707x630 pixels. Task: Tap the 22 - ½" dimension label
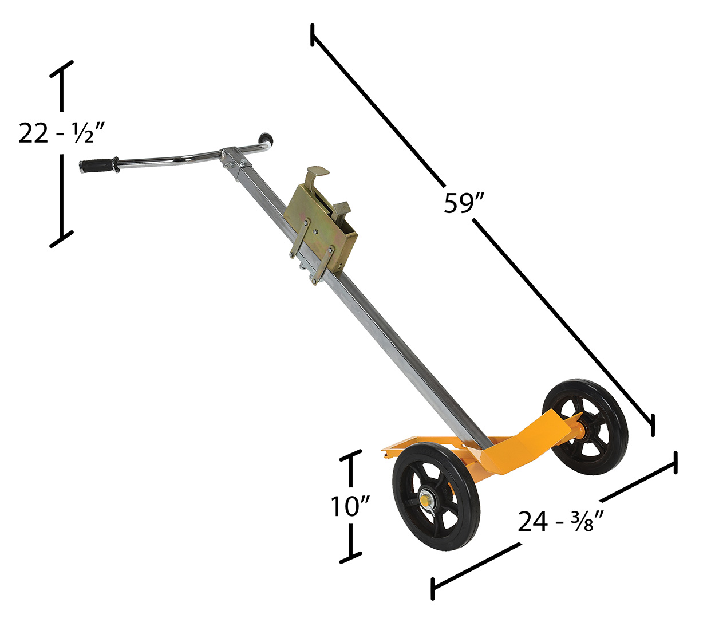[61, 133]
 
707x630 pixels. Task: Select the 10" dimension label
[350, 507]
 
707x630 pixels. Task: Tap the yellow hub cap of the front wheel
[425, 502]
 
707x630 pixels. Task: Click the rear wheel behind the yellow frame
[585, 427]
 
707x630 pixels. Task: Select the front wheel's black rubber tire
[436, 500]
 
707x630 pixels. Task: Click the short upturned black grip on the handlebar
[267, 139]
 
